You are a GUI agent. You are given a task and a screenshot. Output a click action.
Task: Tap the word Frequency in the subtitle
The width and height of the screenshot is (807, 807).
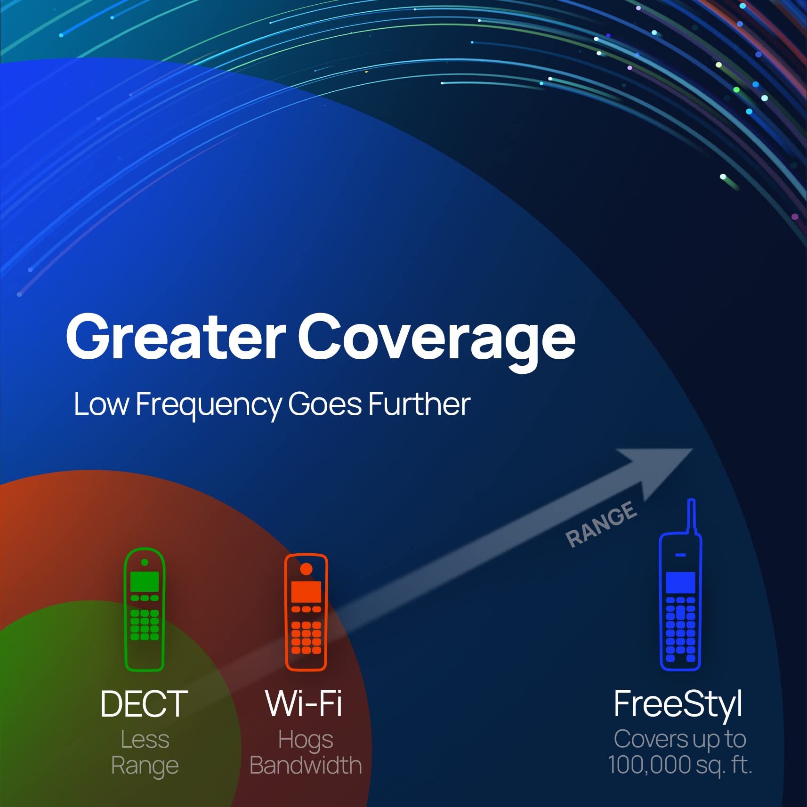pyautogui.click(x=208, y=405)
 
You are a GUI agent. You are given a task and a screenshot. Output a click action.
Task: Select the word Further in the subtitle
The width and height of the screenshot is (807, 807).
pyautogui.click(x=419, y=404)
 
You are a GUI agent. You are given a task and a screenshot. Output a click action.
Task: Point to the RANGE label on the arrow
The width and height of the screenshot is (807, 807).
pyautogui.click(x=601, y=524)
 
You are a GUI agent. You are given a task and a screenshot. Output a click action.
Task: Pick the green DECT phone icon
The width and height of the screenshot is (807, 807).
pyautogui.click(x=144, y=609)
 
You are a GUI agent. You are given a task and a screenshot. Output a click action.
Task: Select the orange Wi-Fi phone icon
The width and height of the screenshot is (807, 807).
pyautogui.click(x=306, y=612)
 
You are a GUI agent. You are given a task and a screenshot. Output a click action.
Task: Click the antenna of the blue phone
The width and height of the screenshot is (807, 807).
pyautogui.click(x=691, y=516)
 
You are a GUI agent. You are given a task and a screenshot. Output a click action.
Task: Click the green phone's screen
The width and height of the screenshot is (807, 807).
pyautogui.click(x=144, y=582)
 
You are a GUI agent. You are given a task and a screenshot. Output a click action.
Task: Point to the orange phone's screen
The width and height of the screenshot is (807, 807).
pyautogui.click(x=306, y=591)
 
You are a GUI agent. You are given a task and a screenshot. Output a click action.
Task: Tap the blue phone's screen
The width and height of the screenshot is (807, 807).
pyautogui.click(x=680, y=583)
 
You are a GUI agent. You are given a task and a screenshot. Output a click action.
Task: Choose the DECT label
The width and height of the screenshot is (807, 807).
pyautogui.click(x=144, y=704)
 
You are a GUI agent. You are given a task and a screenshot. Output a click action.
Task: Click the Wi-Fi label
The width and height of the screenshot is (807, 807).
pyautogui.click(x=304, y=704)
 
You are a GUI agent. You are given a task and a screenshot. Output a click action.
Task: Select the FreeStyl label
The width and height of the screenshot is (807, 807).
pyautogui.click(x=678, y=704)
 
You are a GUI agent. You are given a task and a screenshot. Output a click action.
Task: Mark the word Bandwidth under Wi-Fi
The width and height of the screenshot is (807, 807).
pyautogui.click(x=306, y=765)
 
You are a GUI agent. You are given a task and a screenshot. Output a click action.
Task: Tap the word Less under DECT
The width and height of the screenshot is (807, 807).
pyautogui.click(x=145, y=739)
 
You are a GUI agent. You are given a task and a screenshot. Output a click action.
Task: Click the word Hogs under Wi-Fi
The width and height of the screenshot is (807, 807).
pyautogui.click(x=306, y=740)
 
